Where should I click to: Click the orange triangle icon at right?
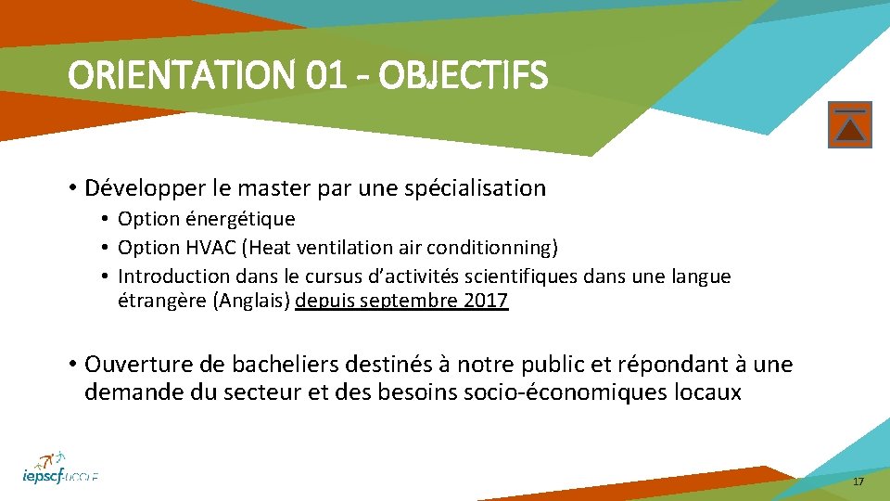pyautogui.click(x=850, y=125)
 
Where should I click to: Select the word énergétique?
pyautogui.click(x=243, y=220)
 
